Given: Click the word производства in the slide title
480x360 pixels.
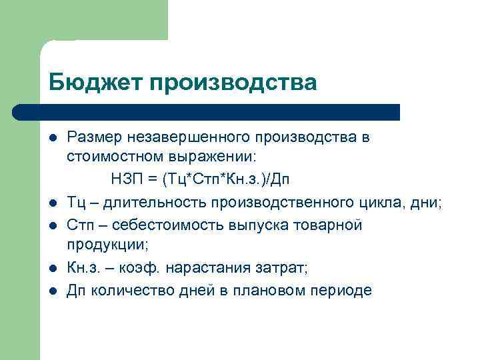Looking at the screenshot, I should (233, 82).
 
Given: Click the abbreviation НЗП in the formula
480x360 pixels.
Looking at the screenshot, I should (123, 180).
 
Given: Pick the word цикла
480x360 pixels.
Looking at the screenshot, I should (378, 203).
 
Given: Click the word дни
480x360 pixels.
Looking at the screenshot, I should (425, 203).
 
